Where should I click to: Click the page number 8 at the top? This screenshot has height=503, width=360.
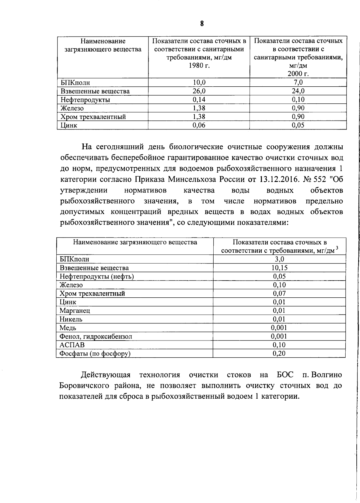tap(202, 24)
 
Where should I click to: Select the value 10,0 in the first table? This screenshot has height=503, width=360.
tap(199, 82)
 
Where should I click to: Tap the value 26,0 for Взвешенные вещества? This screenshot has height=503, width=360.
tap(199, 91)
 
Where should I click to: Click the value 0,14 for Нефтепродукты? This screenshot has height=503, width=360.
tap(199, 100)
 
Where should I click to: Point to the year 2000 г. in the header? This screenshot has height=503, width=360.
tap(298, 74)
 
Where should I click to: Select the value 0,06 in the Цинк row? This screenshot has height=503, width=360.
tap(199, 125)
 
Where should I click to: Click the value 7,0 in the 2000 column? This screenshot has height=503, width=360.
tap(298, 82)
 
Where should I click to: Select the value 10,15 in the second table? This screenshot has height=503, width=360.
tap(279, 268)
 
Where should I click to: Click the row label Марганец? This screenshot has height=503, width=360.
tap(75, 311)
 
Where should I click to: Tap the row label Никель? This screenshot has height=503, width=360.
tap(71, 319)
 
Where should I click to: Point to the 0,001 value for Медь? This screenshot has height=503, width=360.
tap(279, 328)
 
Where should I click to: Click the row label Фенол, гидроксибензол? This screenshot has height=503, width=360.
tap(96, 336)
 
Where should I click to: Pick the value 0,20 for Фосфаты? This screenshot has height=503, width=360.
tap(279, 353)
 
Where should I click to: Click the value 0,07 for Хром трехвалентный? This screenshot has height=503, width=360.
tap(279, 293)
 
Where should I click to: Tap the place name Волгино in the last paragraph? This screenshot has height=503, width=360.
tap(327, 375)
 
